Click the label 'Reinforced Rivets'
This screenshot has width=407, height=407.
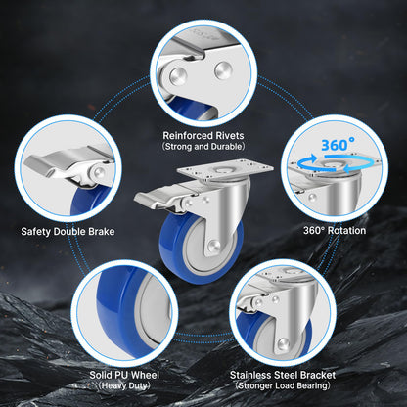[x=203, y=135]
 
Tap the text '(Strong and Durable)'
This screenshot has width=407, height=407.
[x=203, y=146]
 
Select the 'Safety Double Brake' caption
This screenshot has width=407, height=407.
[x=68, y=232]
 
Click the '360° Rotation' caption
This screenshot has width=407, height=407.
[x=335, y=231]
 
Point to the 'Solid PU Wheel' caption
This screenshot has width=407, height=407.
[x=124, y=375]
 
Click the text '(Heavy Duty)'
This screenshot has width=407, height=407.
[x=124, y=385]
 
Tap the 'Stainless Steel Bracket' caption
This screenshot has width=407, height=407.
[x=283, y=375]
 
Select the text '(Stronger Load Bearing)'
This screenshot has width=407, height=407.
[x=283, y=385]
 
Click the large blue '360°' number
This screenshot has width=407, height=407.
[x=338, y=145]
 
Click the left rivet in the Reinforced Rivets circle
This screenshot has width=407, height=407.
[x=178, y=76]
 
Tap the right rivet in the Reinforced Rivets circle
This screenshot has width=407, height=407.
[x=223, y=70]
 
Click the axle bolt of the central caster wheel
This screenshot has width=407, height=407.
[x=213, y=246]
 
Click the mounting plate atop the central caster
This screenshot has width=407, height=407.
[x=225, y=171]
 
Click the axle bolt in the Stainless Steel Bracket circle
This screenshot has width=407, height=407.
[x=283, y=343]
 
